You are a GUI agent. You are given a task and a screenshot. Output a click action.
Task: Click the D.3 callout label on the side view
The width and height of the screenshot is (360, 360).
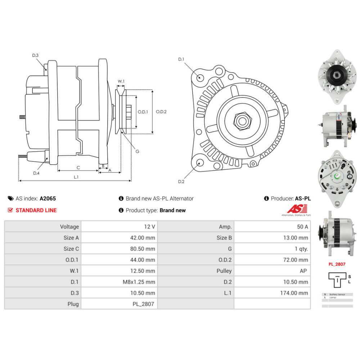(35, 55)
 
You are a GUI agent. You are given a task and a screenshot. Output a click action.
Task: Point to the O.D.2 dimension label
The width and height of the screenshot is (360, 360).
(161, 112)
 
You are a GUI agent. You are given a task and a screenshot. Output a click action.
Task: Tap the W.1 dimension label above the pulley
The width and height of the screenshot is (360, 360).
(121, 81)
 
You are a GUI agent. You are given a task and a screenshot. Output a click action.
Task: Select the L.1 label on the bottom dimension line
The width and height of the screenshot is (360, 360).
(76, 177)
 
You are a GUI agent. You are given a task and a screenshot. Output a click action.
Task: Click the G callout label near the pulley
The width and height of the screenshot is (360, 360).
(137, 151)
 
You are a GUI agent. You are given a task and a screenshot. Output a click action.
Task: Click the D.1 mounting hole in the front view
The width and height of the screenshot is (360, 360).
(201, 78)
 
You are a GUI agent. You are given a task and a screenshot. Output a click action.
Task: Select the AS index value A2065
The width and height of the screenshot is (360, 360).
(48, 198)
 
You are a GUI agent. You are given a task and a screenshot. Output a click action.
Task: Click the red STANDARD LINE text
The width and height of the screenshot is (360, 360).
(36, 210)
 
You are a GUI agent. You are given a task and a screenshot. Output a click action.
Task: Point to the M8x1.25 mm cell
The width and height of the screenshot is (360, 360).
(139, 282)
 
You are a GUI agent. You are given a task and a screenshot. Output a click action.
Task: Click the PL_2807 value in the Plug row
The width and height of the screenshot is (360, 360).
(143, 304)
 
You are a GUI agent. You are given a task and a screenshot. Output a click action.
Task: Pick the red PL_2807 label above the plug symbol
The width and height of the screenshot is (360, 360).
(337, 264)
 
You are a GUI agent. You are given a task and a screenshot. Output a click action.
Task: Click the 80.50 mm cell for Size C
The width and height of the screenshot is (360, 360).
(143, 249)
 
